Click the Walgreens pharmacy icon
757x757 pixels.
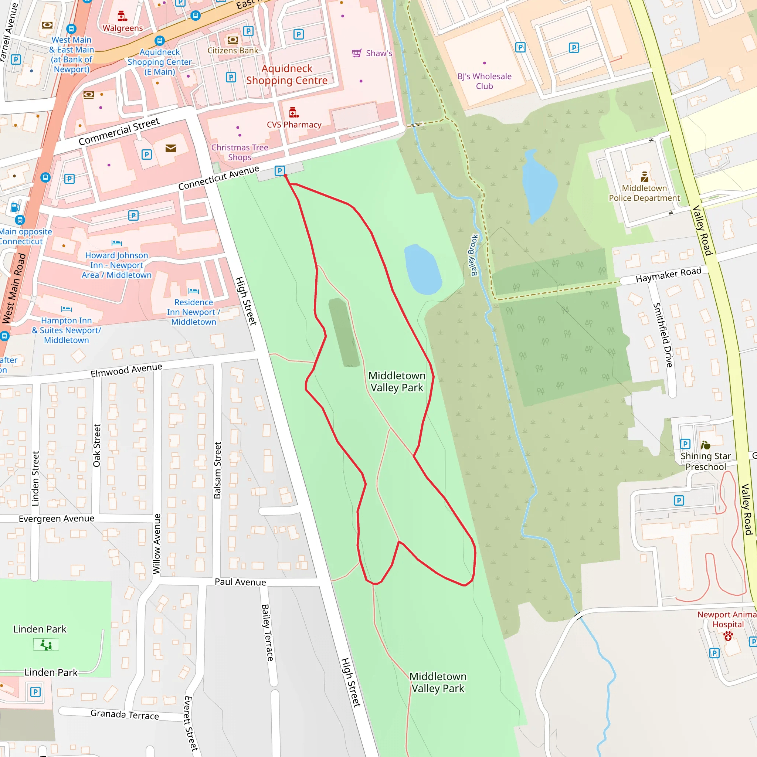pos(122,16)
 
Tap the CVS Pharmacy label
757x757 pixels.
pos(294,125)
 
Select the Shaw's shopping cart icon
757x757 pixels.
pos(357,53)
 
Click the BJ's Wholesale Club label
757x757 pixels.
pos(484,81)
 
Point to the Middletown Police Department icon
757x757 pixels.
pos(645,177)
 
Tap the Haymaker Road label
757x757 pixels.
pos(668,275)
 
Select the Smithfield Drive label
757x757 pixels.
pos(663,335)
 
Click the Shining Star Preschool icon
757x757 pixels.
pos(705,445)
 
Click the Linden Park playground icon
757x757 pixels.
pos(46,645)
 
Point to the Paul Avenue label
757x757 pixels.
pos(240,582)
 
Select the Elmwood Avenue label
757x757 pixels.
pos(126,370)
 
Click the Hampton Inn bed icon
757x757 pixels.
pos(66,309)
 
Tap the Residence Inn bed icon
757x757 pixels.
pos(194,291)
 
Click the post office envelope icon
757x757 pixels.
pos(170,148)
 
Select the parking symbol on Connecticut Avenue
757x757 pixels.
pos(279,170)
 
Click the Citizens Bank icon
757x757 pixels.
pos(233,40)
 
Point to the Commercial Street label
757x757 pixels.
pos(119,131)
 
